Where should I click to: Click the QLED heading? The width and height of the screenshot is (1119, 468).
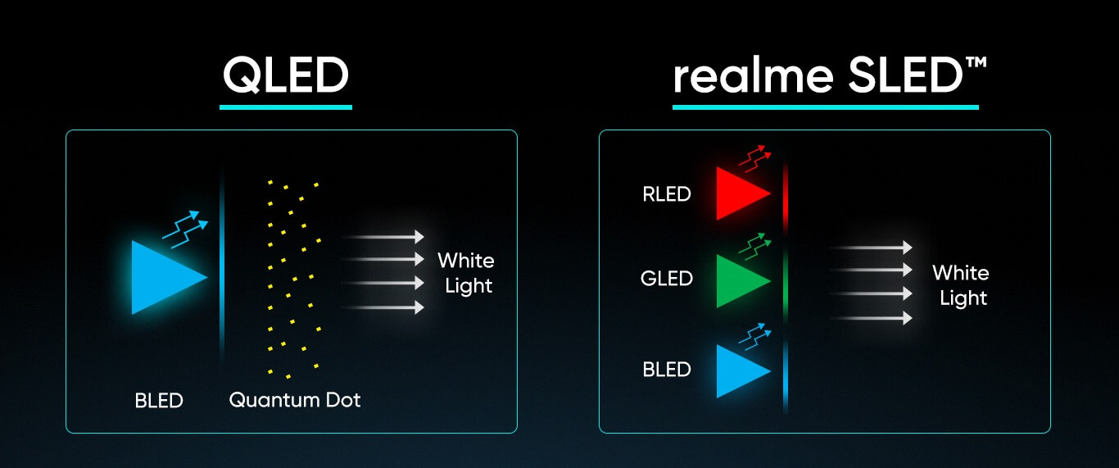click(x=286, y=75)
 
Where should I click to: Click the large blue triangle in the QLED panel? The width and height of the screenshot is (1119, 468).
click(x=165, y=278)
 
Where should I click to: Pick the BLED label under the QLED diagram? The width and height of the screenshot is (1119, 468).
click(x=159, y=401)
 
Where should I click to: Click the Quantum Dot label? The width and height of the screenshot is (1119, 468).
click(x=295, y=400)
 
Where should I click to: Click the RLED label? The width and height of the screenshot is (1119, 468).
click(x=667, y=194)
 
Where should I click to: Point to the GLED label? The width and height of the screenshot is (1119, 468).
click(x=667, y=279)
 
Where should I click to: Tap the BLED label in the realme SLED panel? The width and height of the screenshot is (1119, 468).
click(x=667, y=370)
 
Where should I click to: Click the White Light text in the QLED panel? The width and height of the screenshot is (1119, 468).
click(x=466, y=273)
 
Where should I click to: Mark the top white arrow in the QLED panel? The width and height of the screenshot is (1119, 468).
click(x=383, y=237)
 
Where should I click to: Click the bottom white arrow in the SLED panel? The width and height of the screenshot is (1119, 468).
click(x=871, y=317)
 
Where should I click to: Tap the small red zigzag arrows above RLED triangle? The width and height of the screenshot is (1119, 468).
click(x=754, y=158)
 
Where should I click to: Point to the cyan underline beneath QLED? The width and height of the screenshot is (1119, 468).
click(x=286, y=107)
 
